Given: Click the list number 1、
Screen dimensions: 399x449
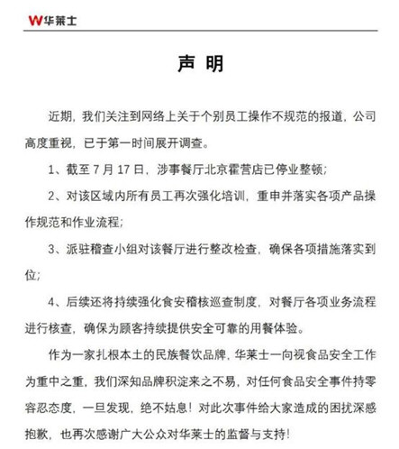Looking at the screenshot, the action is (x=56, y=169).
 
